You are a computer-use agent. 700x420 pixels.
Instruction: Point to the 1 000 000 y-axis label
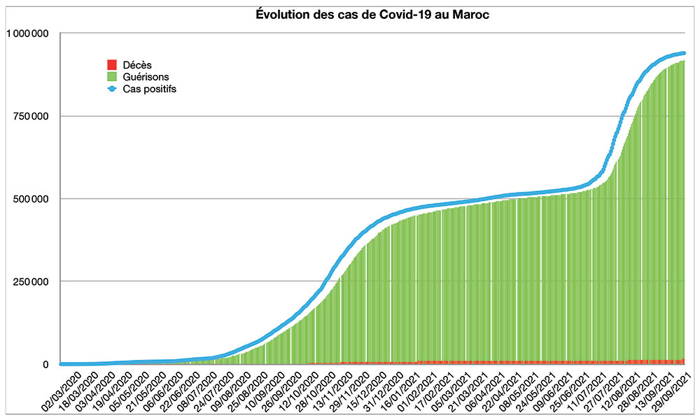click(x=29, y=33)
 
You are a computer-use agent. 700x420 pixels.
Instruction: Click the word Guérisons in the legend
click(x=146, y=77)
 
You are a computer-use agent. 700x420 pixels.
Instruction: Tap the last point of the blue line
click(x=683, y=53)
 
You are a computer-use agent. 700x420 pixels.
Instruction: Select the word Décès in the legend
click(x=137, y=65)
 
